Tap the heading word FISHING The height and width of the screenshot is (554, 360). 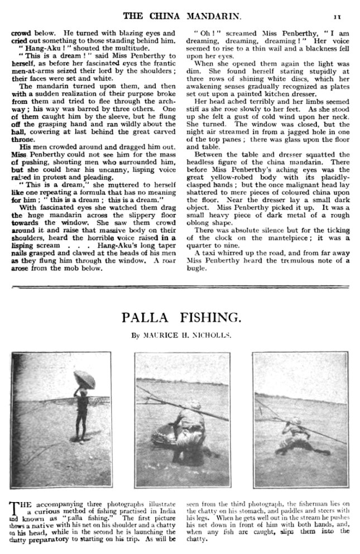click(x=212, y=318)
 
